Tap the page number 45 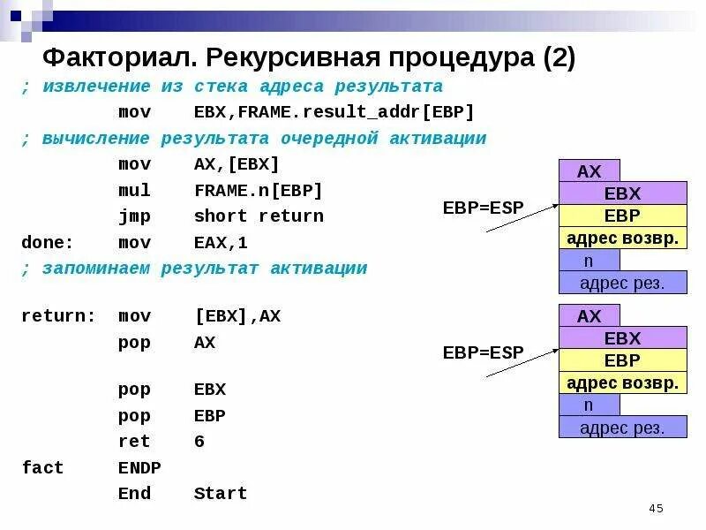tap(655, 508)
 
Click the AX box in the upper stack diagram tap(589, 170)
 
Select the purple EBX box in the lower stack tap(622, 338)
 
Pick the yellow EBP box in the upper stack tap(622, 216)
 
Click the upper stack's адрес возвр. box tap(622, 238)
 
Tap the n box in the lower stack tap(589, 405)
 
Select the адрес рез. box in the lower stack tap(622, 428)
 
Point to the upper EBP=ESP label tap(483, 208)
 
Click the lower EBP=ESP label tap(483, 352)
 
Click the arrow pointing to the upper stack tap(522, 217)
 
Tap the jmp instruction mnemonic tap(134, 216)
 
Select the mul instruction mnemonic tap(134, 191)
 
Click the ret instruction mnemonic tap(134, 442)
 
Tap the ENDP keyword tap(139, 467)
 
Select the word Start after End tap(221, 494)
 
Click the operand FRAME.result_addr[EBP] tap(334, 112)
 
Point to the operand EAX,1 tap(221, 242)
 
